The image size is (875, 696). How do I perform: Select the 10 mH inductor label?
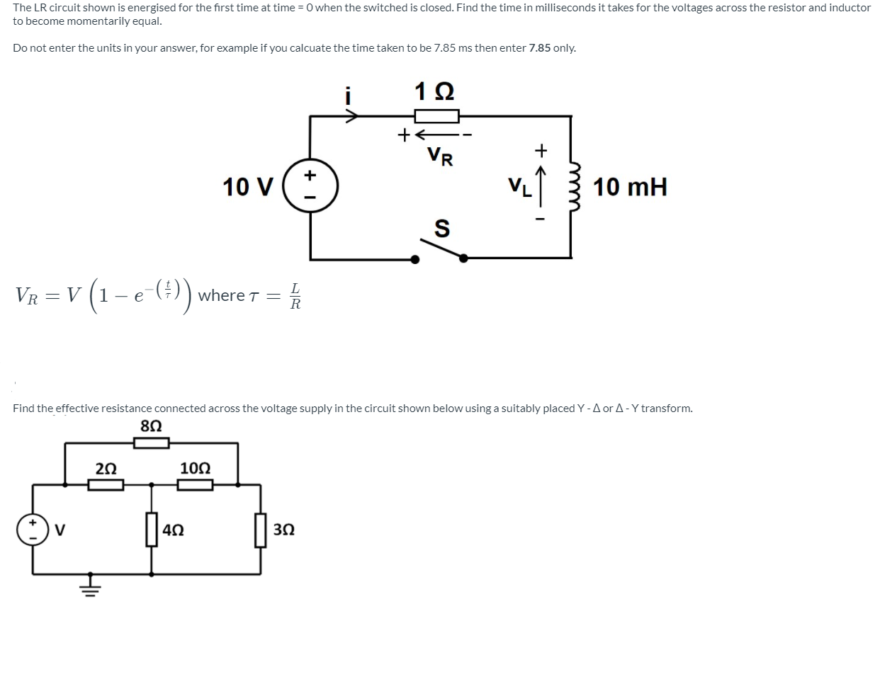630,188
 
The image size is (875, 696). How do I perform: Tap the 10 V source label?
247,188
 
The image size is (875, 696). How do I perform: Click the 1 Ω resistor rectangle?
437,116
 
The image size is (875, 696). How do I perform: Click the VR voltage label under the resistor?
440,156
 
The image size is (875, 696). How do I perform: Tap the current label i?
348,95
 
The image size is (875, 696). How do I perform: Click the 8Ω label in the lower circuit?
151,426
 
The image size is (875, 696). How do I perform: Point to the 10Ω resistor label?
195,468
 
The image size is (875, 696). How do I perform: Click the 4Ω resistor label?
174,530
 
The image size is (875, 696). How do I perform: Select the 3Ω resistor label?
283,530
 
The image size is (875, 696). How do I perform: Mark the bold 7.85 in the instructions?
539,48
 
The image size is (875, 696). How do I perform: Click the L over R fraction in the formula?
295,296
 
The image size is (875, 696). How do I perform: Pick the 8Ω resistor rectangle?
152,443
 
